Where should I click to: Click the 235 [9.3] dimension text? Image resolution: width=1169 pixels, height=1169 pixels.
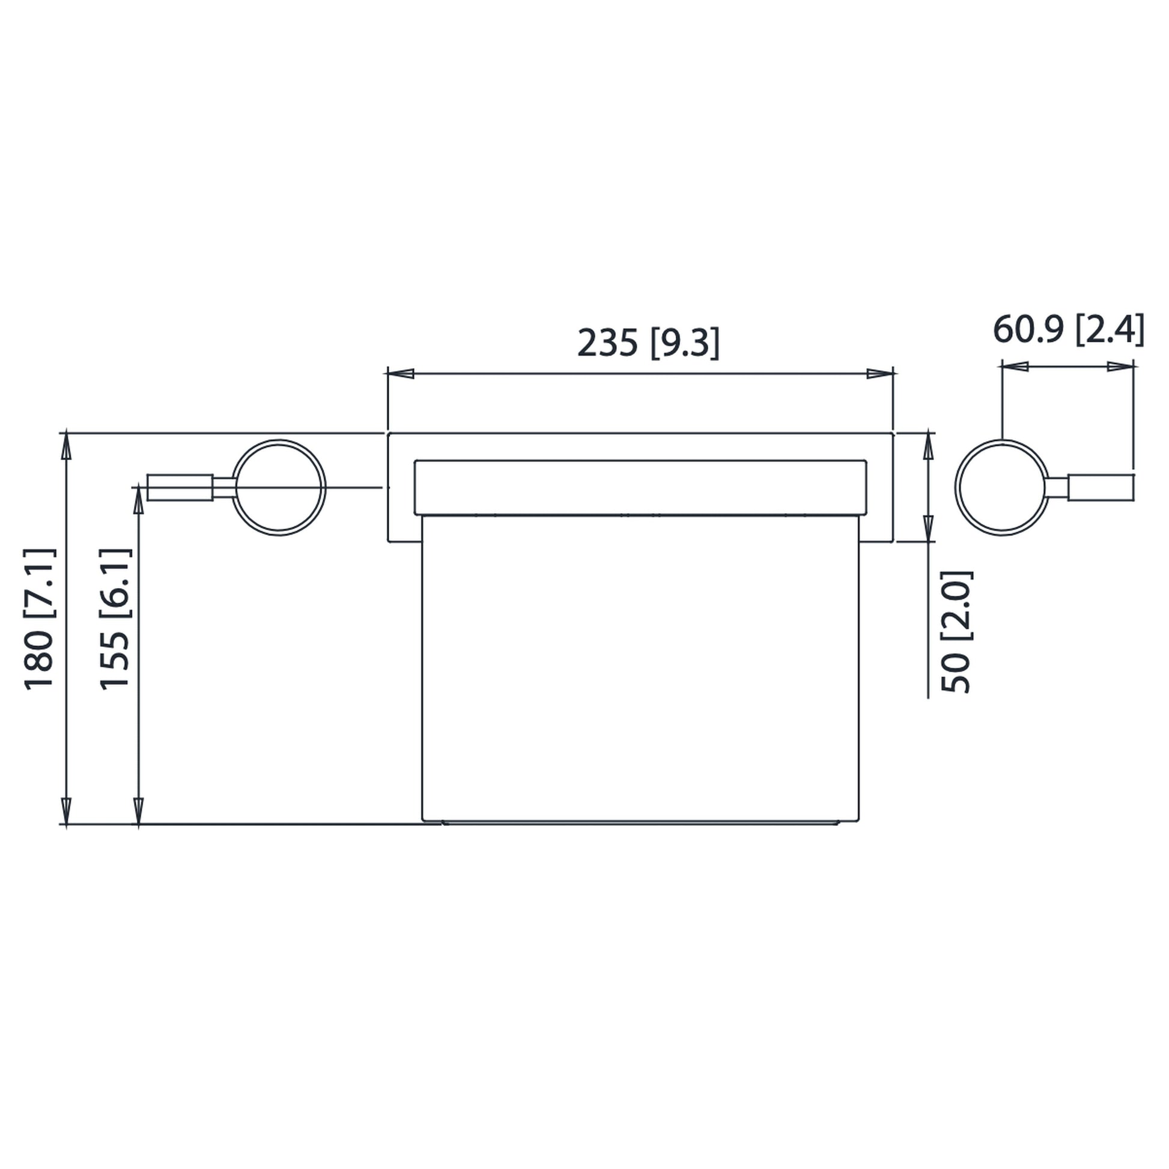click(648, 344)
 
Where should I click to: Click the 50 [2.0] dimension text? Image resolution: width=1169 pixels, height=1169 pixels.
click(956, 632)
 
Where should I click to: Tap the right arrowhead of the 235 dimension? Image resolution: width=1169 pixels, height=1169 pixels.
click(880, 373)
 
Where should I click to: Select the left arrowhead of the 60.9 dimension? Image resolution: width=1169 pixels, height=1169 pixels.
click(1015, 366)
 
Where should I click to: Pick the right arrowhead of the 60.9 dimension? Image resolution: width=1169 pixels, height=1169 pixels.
click(1119, 366)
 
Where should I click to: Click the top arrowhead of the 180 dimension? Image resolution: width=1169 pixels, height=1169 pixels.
click(67, 446)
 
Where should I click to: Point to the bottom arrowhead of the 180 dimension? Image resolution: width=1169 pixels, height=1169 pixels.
click(67, 811)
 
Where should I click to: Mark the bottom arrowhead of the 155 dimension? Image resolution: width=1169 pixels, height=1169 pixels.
click(139, 811)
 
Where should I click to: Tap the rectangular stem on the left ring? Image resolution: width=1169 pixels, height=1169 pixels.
click(180, 488)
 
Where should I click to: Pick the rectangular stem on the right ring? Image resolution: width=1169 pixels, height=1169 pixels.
click(1101, 488)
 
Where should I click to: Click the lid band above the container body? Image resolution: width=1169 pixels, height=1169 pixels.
click(640, 488)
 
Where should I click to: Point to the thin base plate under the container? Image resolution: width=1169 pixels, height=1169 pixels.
click(640, 823)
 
